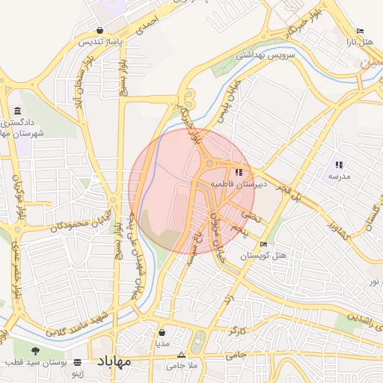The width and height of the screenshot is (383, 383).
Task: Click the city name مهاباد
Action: (114, 361)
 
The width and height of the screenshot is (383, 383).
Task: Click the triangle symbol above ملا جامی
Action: (180, 355)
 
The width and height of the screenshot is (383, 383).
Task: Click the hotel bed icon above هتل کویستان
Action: (262, 245)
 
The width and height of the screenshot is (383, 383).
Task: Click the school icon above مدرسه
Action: (339, 165)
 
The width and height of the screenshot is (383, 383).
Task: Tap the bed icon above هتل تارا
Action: (361, 31)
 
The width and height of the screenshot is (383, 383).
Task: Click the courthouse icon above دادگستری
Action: (18, 111)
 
